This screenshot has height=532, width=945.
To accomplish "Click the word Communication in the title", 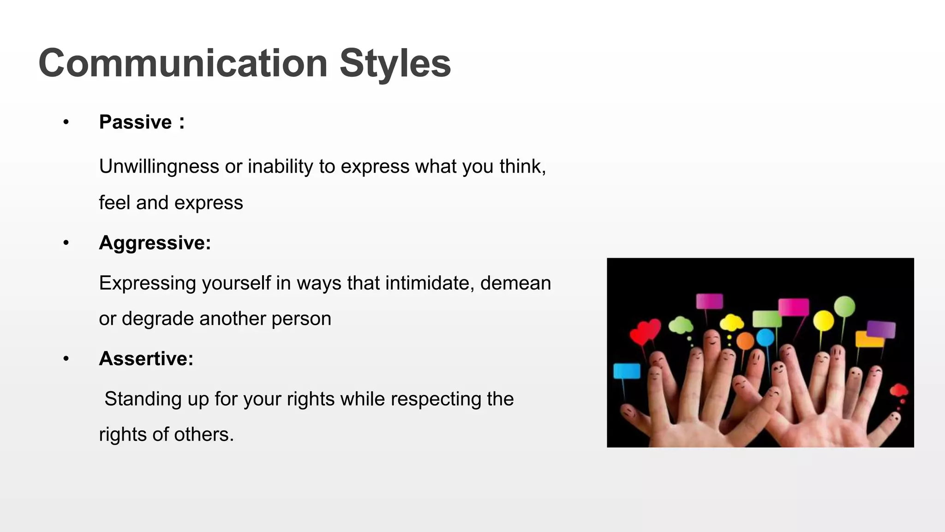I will pos(183,63).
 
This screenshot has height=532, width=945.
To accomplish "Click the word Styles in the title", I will pos(395,63).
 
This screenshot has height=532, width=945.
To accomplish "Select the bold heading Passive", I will pos(135,122).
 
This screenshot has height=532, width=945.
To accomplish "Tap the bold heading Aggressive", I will pos(155,243).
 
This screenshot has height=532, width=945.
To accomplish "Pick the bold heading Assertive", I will pos(146,359).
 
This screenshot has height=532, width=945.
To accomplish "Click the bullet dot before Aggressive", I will pos(66,243).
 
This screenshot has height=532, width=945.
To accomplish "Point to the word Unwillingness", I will pos(159,167).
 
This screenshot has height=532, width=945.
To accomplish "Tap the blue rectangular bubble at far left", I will pos(627,371).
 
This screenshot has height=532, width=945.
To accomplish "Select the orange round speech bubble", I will pos(745,341).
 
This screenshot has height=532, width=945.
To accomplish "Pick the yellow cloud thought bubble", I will pos(731,322).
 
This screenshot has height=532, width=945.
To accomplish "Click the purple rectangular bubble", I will pos(881,329).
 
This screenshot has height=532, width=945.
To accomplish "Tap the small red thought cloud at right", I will pos(898,391).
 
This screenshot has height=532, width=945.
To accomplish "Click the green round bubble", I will pos(844,306).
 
